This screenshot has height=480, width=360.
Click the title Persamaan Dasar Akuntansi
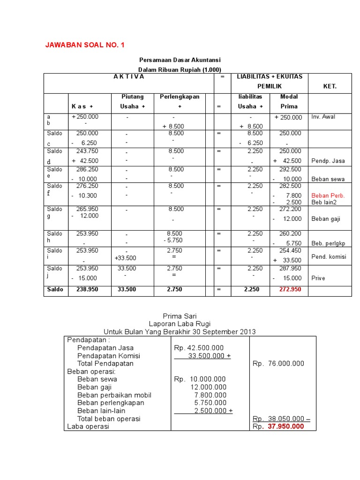coord(180,60)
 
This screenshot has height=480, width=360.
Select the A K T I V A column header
coord(129,76)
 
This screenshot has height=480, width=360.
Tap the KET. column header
coord(330,87)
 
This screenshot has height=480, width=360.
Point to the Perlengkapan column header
coord(180,97)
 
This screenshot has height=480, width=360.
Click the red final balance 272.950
coord(290,289)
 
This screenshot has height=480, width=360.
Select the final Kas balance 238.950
coord(87,289)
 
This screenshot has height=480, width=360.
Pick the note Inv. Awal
coord(323,117)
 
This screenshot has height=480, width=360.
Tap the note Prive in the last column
coord(318,278)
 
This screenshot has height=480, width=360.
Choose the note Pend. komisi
coord(329,257)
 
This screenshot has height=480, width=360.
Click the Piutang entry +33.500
coord(125,258)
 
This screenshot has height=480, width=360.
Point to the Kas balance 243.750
coord(87,151)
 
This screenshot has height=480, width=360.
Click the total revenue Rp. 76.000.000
coord(278,363)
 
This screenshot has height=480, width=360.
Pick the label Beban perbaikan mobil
coord(114,395)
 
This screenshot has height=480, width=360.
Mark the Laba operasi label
coord(88,427)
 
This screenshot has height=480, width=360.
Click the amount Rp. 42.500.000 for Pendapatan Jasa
coord(199,348)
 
